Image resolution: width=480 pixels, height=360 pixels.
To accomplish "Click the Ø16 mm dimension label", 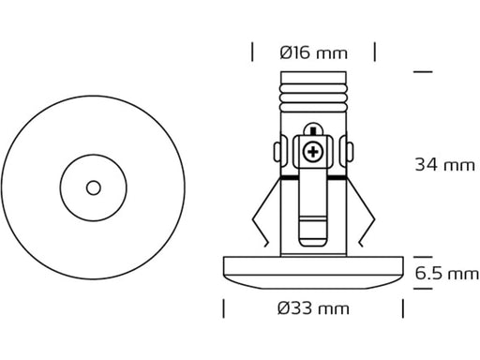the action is click(x=313, y=52).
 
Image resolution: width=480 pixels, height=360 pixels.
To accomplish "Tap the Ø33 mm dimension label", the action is click(x=313, y=308).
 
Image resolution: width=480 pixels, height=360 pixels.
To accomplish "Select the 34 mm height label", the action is click(x=444, y=165).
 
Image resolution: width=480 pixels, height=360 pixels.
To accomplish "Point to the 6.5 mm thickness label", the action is click(x=447, y=274).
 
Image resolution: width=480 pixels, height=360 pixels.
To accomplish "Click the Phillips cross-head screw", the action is click(x=313, y=152).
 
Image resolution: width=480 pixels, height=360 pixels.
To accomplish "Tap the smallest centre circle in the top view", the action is click(x=94, y=187).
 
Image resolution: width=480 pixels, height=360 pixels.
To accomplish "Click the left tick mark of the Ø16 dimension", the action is click(x=252, y=52).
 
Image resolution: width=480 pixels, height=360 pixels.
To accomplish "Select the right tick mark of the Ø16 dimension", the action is click(x=375, y=52).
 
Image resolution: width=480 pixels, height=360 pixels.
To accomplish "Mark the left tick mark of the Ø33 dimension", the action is click(x=223, y=308).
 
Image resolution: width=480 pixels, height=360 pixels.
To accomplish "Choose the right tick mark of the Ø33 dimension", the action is click(x=403, y=308).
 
